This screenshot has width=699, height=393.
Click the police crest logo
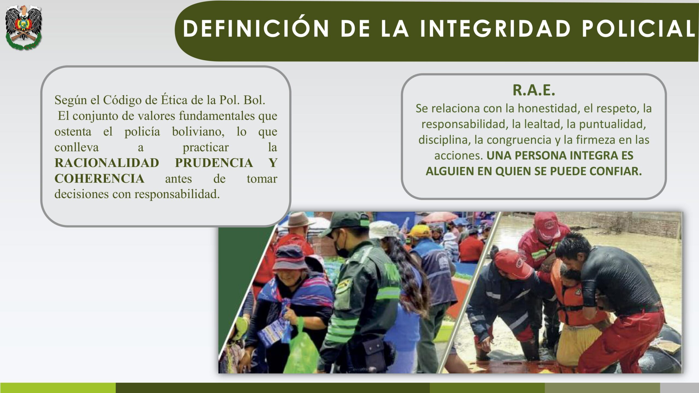pyautogui.click(x=23, y=27)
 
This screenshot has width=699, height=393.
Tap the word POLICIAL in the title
pyautogui.click(x=638, y=29)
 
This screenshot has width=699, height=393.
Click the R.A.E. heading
pyautogui.click(x=534, y=90)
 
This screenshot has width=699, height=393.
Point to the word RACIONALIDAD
pyautogui.click(x=107, y=163)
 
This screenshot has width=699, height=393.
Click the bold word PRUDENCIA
pyautogui.click(x=214, y=163)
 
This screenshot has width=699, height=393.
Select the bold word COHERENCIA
pyautogui.click(x=99, y=179)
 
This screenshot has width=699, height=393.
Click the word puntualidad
pyautogui.click(x=612, y=124)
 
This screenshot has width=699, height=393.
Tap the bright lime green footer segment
pyautogui.click(x=58, y=388)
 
